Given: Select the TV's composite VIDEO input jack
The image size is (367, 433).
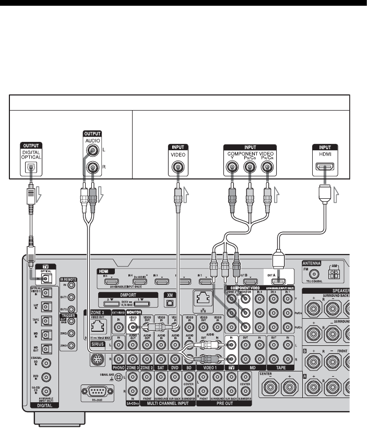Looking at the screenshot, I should [x=177, y=167].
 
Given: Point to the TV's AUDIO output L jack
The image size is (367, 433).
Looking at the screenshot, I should [x=94, y=152].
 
